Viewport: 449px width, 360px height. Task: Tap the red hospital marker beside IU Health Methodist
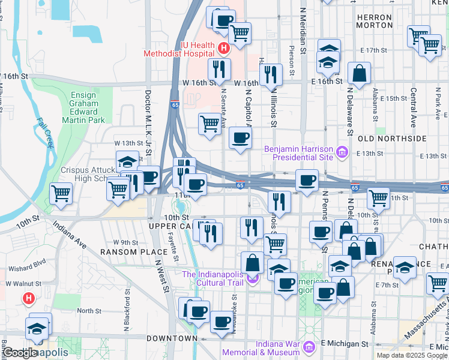click(x=223, y=47)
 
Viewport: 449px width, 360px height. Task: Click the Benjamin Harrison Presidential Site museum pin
click(x=342, y=152)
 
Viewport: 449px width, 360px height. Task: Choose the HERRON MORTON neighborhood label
click(x=374, y=22)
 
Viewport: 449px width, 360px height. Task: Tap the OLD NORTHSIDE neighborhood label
click(x=382, y=139)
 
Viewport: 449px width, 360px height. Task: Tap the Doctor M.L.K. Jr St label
click(x=148, y=118)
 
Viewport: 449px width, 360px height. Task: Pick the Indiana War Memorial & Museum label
click(x=260, y=349)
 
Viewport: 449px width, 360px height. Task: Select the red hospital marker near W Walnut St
click(x=28, y=298)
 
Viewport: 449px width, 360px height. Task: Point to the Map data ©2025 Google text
click(x=412, y=355)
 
